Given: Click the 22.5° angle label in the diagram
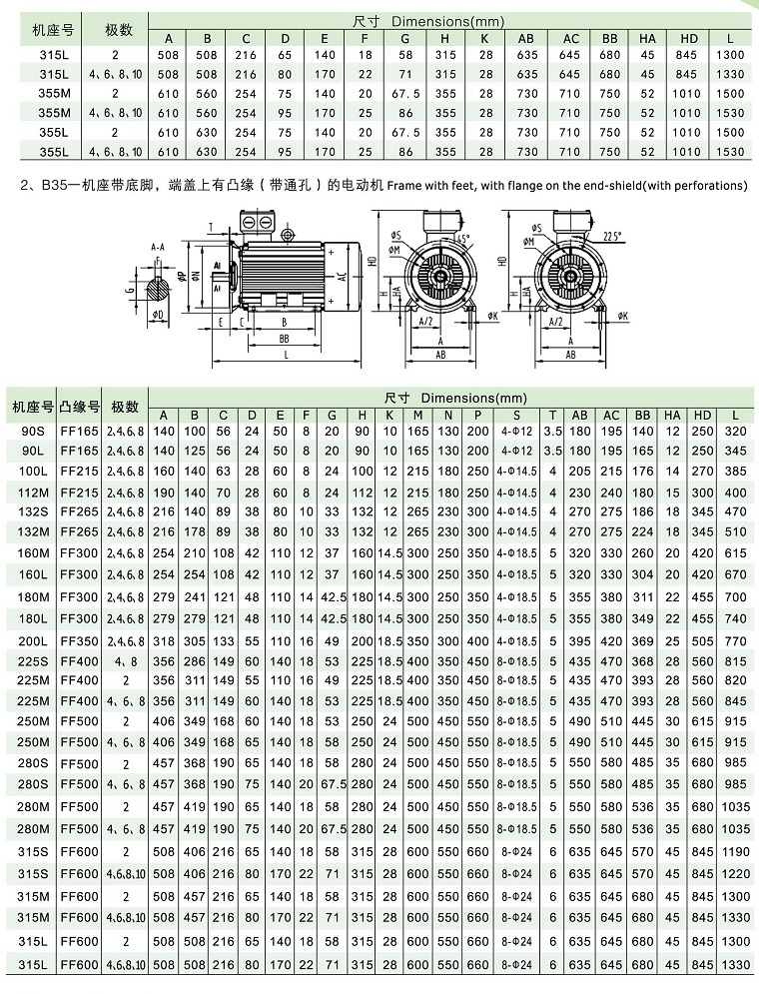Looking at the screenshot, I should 611,236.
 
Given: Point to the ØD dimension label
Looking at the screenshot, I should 156,314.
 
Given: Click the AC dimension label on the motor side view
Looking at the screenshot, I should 342,277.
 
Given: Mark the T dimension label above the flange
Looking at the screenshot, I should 211,226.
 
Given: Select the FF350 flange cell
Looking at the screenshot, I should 80,640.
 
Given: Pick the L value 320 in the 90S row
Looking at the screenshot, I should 735,431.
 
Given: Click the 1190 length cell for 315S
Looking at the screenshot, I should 735,852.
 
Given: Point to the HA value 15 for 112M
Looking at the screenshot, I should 671,493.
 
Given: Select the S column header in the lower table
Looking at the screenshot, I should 515,415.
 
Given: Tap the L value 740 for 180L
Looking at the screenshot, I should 735,619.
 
